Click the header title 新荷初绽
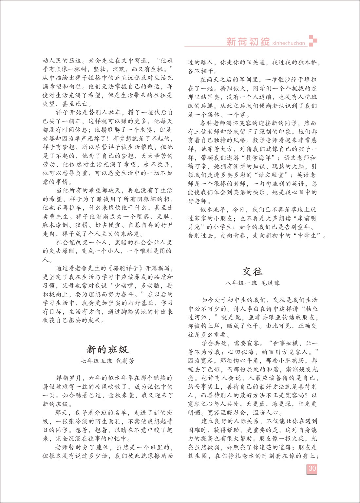[x=248, y=42]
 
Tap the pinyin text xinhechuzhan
[x=289, y=43]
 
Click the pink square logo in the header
[x=313, y=40]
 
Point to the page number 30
[x=312, y=468]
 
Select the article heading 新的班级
[x=107, y=349]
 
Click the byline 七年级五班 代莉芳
[x=107, y=361]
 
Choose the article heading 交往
[x=252, y=271]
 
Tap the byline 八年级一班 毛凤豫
[x=252, y=283]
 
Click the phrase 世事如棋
[x=285, y=344]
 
